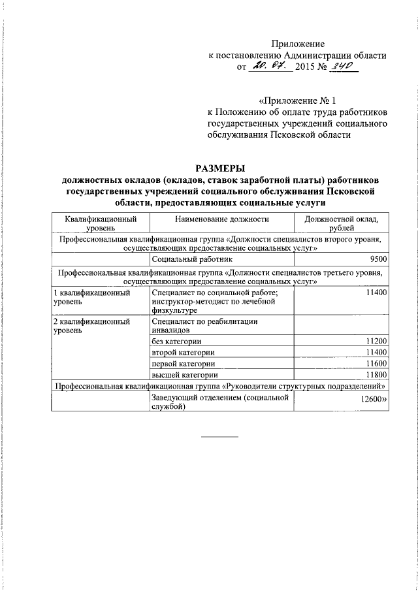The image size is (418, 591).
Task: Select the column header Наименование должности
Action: pyautogui.click(x=221, y=220)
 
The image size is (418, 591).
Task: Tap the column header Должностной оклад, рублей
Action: pyautogui.click(x=342, y=224)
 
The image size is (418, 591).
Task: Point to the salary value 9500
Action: pyautogui.click(x=378, y=260)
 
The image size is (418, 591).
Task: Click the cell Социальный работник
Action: pyautogui.click(x=187, y=260)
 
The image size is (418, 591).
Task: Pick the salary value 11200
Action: pyautogui.click(x=377, y=342)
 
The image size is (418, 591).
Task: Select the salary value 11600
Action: pyautogui.click(x=377, y=364)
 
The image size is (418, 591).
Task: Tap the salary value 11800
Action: pyautogui.click(x=377, y=375)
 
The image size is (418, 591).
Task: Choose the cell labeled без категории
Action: pyautogui.click(x=176, y=342)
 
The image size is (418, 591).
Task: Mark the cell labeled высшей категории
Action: pyautogui.click(x=184, y=375)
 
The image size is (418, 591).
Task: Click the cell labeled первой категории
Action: pyautogui.click(x=183, y=364)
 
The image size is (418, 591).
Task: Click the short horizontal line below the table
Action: pyautogui.click(x=219, y=436)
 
